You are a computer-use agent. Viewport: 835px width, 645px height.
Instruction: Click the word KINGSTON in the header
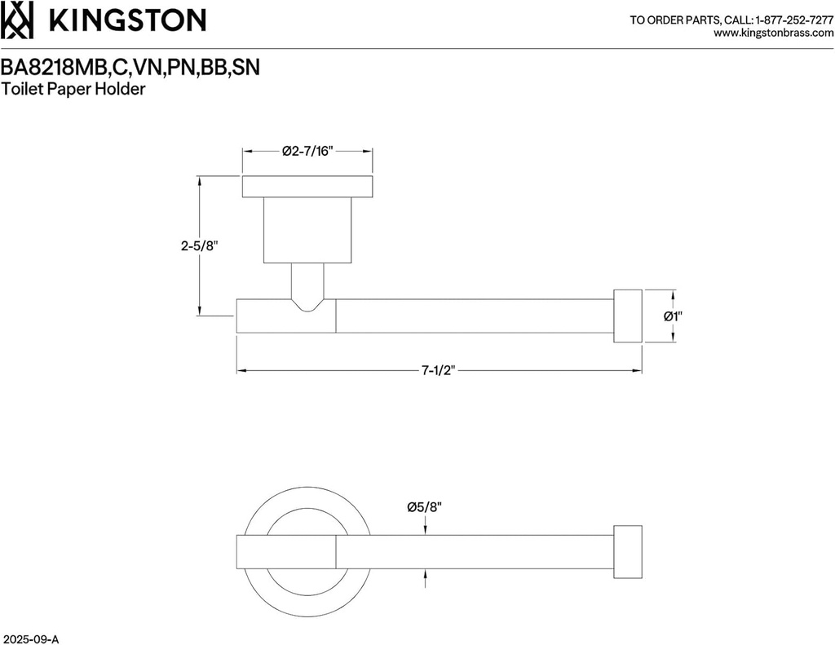(127, 20)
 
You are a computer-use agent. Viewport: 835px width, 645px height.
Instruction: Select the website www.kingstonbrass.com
(773, 33)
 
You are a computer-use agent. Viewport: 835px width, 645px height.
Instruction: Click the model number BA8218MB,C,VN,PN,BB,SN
(130, 68)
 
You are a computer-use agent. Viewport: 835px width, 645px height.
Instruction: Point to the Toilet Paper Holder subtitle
(73, 90)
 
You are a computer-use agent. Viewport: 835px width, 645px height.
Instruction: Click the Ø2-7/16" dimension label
(307, 151)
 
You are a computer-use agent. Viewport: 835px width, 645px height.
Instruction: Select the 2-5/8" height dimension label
(200, 245)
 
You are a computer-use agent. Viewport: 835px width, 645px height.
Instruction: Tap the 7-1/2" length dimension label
(438, 371)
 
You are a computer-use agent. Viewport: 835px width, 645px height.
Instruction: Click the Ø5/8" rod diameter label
(424, 507)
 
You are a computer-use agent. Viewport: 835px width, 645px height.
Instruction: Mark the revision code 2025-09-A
(32, 636)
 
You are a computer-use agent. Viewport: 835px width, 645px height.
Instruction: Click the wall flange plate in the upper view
(307, 186)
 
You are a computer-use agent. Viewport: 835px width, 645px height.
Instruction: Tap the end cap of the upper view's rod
(627, 316)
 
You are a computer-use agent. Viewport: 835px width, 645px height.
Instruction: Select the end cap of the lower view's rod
(627, 552)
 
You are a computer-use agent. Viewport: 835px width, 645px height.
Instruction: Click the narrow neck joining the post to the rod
(307, 285)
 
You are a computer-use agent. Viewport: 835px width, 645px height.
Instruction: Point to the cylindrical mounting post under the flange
(307, 230)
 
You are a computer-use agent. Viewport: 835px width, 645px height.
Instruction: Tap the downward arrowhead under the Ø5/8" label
(424, 530)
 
